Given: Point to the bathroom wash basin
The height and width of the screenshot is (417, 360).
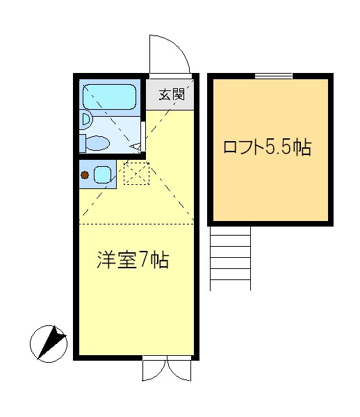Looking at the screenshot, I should click(x=85, y=119).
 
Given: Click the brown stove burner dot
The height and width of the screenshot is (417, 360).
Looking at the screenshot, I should click(x=84, y=174).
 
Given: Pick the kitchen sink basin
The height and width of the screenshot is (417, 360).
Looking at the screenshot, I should click(x=103, y=174).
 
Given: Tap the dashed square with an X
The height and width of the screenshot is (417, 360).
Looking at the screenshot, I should click(x=136, y=173).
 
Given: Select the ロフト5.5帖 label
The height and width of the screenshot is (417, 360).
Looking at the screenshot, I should click(x=266, y=147).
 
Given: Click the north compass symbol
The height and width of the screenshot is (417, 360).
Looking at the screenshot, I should click(x=49, y=343).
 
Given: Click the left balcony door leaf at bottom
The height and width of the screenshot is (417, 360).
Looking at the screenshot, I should click(x=155, y=370).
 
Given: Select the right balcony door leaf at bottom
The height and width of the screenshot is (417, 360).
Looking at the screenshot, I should click(x=179, y=370).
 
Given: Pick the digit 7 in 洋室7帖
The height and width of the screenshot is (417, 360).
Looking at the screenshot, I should click(x=145, y=261).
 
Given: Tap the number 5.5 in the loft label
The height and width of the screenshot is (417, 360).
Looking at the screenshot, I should click(x=281, y=147).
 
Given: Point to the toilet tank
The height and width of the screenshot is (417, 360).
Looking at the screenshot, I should click(x=82, y=143).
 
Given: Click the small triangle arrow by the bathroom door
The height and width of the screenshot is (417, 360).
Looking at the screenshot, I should click(x=137, y=146).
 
